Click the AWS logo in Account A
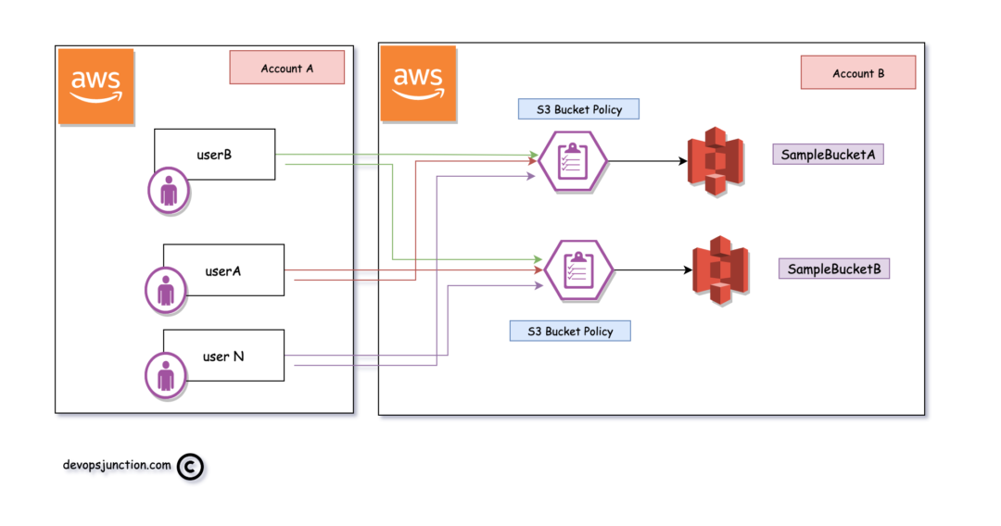[95, 87]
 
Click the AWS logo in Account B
[417, 84]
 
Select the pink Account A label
[286, 69]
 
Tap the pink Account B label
[857, 73]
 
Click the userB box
[214, 154]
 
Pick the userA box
[223, 270]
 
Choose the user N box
[223, 356]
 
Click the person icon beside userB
[169, 192]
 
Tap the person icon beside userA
[166, 290]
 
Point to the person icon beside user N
[166, 375]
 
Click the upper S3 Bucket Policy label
[577, 108]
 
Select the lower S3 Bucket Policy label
[569, 331]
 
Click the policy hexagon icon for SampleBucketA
[572, 160]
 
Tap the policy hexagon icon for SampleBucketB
[577, 269]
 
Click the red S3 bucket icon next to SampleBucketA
[716, 161]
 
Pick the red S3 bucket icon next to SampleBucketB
[720, 270]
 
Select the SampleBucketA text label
[827, 154]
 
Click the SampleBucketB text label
[833, 269]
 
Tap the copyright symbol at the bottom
[189, 468]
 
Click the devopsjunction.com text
[117, 465]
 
